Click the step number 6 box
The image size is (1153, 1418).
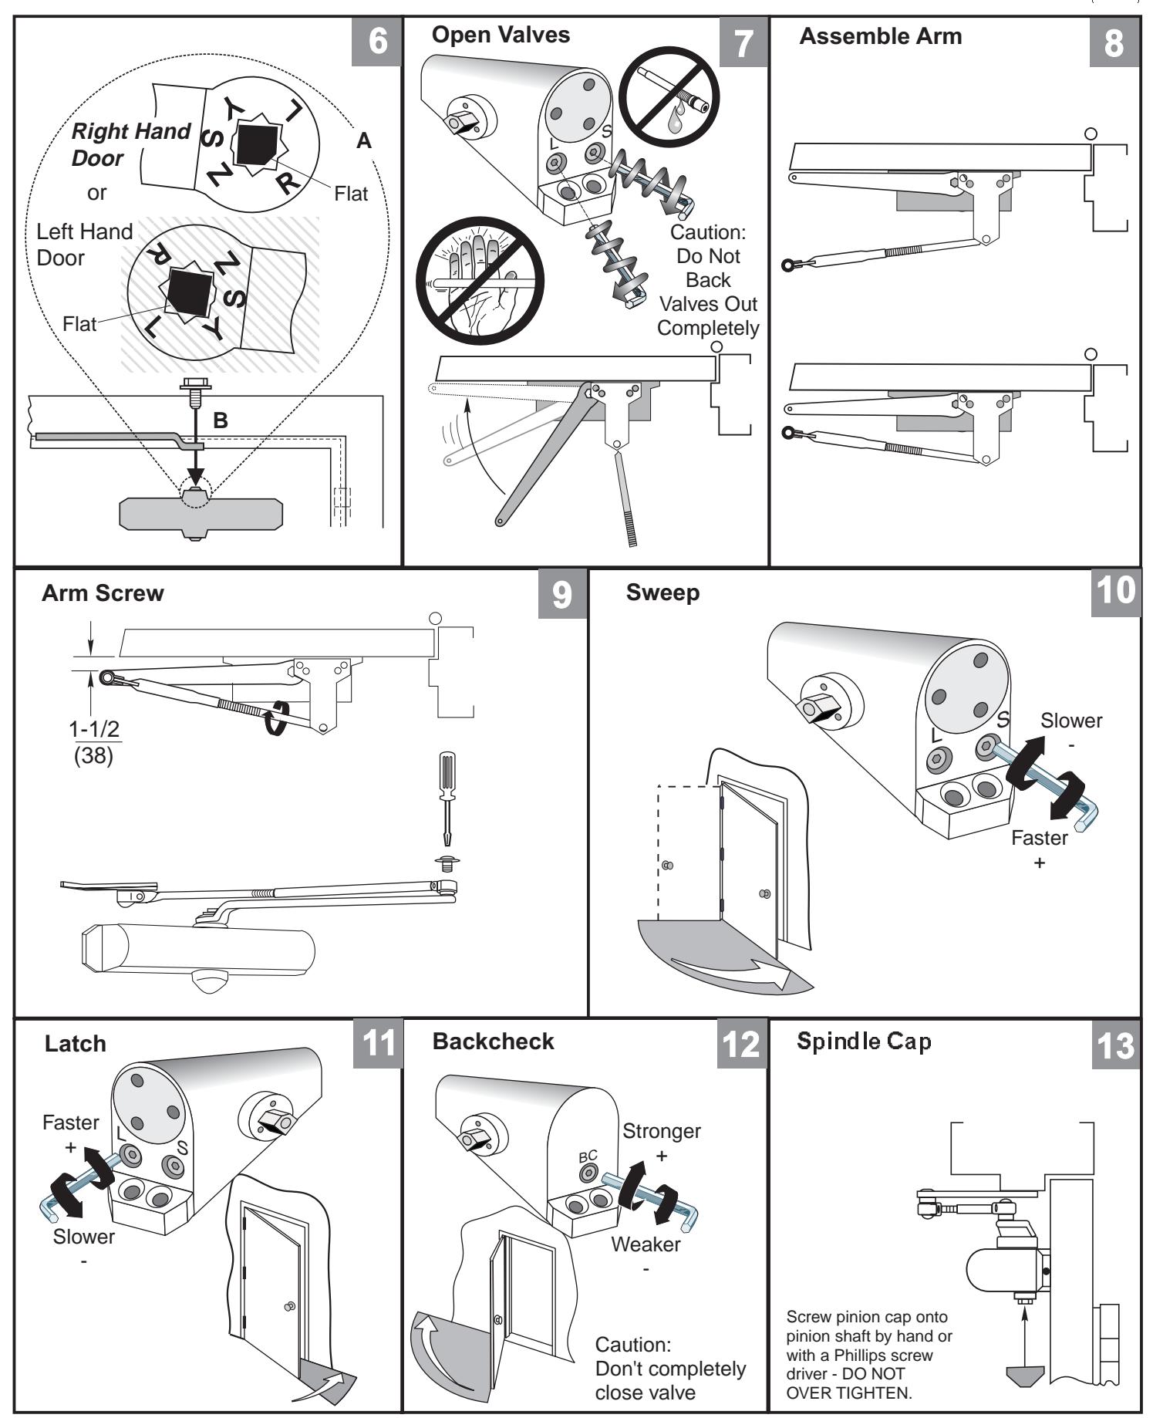point(377,41)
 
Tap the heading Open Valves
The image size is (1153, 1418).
point(501,35)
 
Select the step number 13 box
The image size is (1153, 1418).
point(1114,1047)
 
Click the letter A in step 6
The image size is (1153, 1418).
point(364,141)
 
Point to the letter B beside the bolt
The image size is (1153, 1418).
point(221,420)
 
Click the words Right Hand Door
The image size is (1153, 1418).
point(130,144)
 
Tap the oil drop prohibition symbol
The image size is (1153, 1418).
point(669,98)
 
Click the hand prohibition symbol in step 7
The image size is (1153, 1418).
point(480,281)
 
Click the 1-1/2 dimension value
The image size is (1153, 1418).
point(95,729)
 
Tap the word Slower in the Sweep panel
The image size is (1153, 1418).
point(1070,721)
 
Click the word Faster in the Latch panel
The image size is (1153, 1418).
point(70,1123)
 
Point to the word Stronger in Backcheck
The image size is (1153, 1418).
point(661,1131)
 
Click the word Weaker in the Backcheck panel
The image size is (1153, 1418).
point(646,1244)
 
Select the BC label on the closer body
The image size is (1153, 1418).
point(588,1156)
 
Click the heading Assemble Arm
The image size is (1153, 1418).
point(880,36)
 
